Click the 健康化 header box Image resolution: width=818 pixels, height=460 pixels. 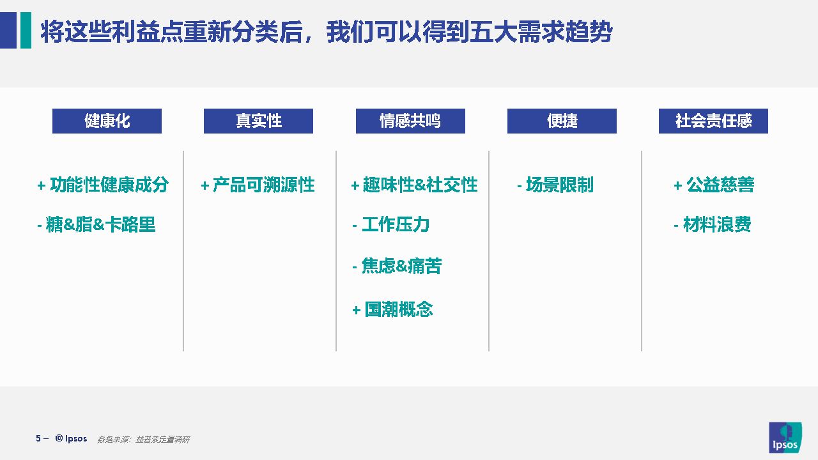(x=107, y=121)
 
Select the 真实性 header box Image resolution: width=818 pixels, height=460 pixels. (x=258, y=121)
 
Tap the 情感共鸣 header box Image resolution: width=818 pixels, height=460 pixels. (x=410, y=121)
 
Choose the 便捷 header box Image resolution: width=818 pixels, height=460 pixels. (x=562, y=121)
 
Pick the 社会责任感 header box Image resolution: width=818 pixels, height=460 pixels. (x=713, y=121)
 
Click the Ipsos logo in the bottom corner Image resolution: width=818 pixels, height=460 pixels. (x=785, y=438)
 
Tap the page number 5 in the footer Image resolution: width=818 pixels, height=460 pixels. (x=38, y=438)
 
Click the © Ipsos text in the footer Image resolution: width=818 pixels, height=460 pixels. (x=71, y=438)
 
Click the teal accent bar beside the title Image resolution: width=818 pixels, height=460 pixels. (x=26, y=30)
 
